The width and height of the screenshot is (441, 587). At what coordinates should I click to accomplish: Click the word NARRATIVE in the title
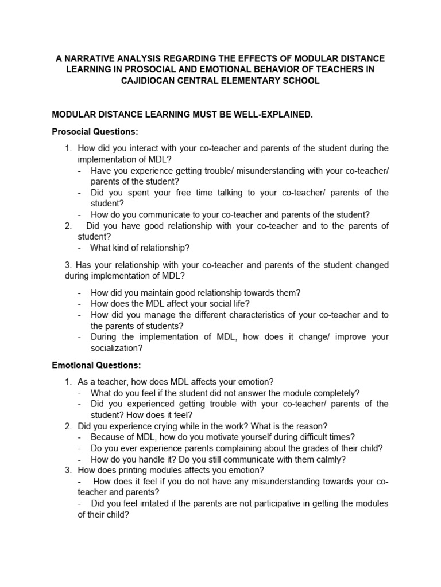(88, 59)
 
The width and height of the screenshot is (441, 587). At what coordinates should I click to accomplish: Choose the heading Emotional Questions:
(96, 365)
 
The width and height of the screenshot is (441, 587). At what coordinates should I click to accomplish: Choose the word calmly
(334, 459)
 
